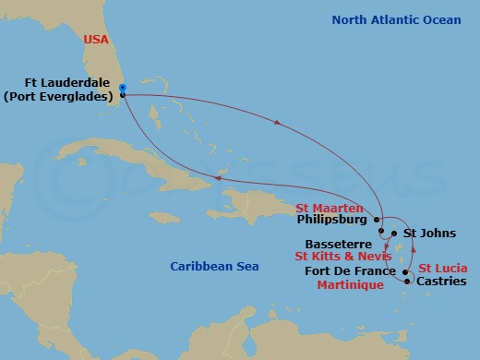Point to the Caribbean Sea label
[x=214, y=267]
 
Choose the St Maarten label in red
[x=329, y=208]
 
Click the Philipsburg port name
[x=335, y=221]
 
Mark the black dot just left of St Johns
[x=394, y=234]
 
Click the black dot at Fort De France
[x=405, y=272]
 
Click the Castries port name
[x=442, y=281]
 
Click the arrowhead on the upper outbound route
[x=277, y=123]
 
